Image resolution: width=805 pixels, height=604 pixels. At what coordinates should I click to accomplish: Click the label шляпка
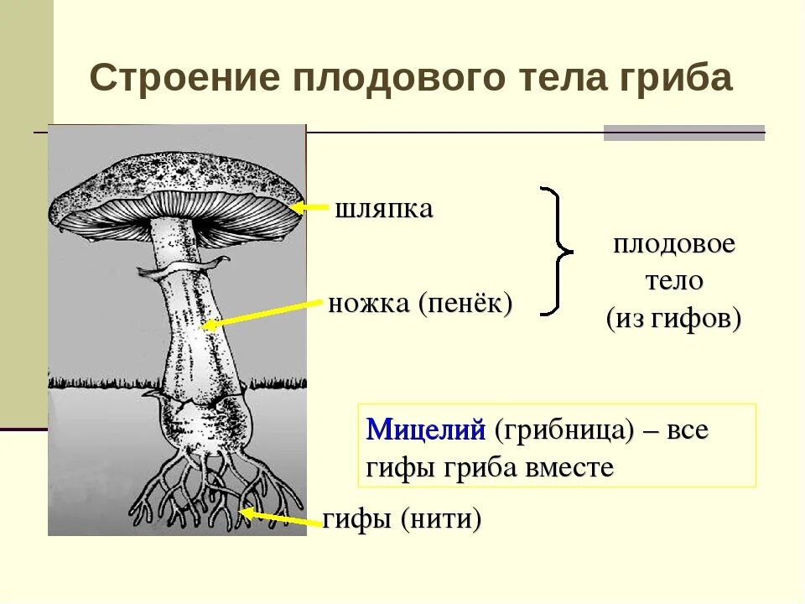[x=384, y=209]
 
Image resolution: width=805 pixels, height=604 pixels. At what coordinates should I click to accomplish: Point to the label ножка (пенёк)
[x=420, y=303]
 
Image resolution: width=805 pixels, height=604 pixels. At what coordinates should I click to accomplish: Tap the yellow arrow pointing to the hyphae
[x=281, y=516]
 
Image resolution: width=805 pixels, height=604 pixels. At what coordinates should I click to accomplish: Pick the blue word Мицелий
[x=426, y=430]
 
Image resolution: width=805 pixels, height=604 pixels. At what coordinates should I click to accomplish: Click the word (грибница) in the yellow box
[x=563, y=430]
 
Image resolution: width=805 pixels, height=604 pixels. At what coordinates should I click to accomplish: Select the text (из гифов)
[x=673, y=319]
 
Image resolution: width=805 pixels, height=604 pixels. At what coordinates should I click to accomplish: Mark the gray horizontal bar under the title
[x=684, y=133]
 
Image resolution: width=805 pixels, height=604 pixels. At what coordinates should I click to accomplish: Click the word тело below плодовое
[x=673, y=281]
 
